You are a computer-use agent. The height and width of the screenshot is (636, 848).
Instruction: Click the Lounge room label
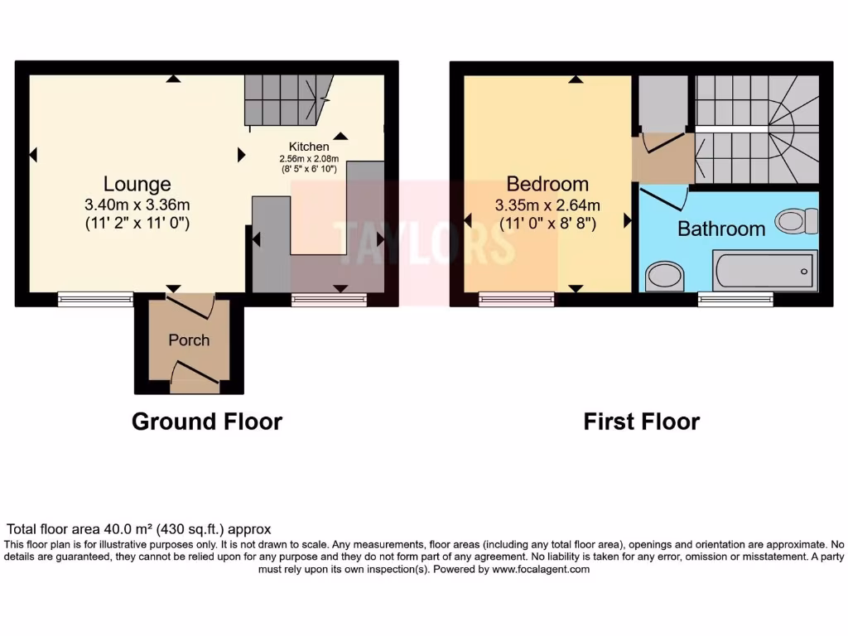click(x=137, y=184)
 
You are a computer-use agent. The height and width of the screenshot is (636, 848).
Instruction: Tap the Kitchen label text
click(x=309, y=147)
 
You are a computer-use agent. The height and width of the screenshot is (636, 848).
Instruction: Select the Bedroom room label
click(x=547, y=184)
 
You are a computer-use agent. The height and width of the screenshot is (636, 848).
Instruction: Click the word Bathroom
click(x=720, y=229)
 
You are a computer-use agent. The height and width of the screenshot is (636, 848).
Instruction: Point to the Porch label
click(x=189, y=340)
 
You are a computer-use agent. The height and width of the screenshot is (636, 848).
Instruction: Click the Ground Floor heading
click(x=207, y=422)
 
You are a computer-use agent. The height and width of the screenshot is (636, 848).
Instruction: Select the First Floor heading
click(x=641, y=422)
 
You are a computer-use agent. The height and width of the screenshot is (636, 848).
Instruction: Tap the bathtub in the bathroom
click(x=764, y=270)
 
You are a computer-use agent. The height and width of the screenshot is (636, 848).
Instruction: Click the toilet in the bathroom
click(x=797, y=221)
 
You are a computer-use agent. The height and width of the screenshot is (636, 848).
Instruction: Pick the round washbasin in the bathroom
click(x=663, y=276)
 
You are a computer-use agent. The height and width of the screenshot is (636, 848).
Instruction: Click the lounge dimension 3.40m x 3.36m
click(x=137, y=205)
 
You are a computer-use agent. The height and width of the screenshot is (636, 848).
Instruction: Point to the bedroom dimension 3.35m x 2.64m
click(x=547, y=205)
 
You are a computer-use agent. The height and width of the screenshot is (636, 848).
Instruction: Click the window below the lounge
click(x=95, y=299)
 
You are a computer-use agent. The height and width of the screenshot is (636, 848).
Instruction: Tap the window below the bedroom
click(x=517, y=299)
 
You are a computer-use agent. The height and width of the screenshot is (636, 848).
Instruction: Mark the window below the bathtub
click(x=735, y=299)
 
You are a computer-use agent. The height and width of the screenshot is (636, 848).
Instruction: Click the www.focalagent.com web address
click(x=541, y=570)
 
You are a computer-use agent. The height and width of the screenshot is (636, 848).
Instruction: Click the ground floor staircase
click(x=286, y=98)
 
